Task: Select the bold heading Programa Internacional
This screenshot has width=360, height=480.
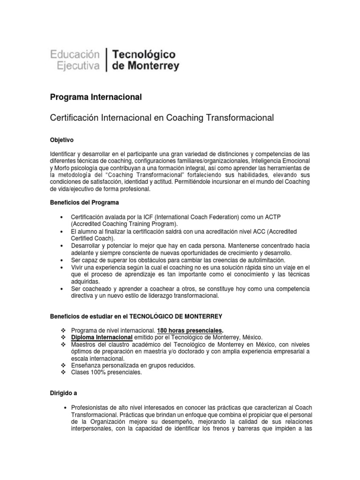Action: [x=96, y=97]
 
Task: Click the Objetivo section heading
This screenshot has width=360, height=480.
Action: [x=61, y=140]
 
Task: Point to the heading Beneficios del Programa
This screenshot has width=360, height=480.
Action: [x=84, y=202]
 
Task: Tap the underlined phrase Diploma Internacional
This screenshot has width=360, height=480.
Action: [x=101, y=337]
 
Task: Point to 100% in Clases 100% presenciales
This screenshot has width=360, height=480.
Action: [x=100, y=373]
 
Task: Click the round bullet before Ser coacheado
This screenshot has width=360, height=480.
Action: [x=62, y=290]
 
